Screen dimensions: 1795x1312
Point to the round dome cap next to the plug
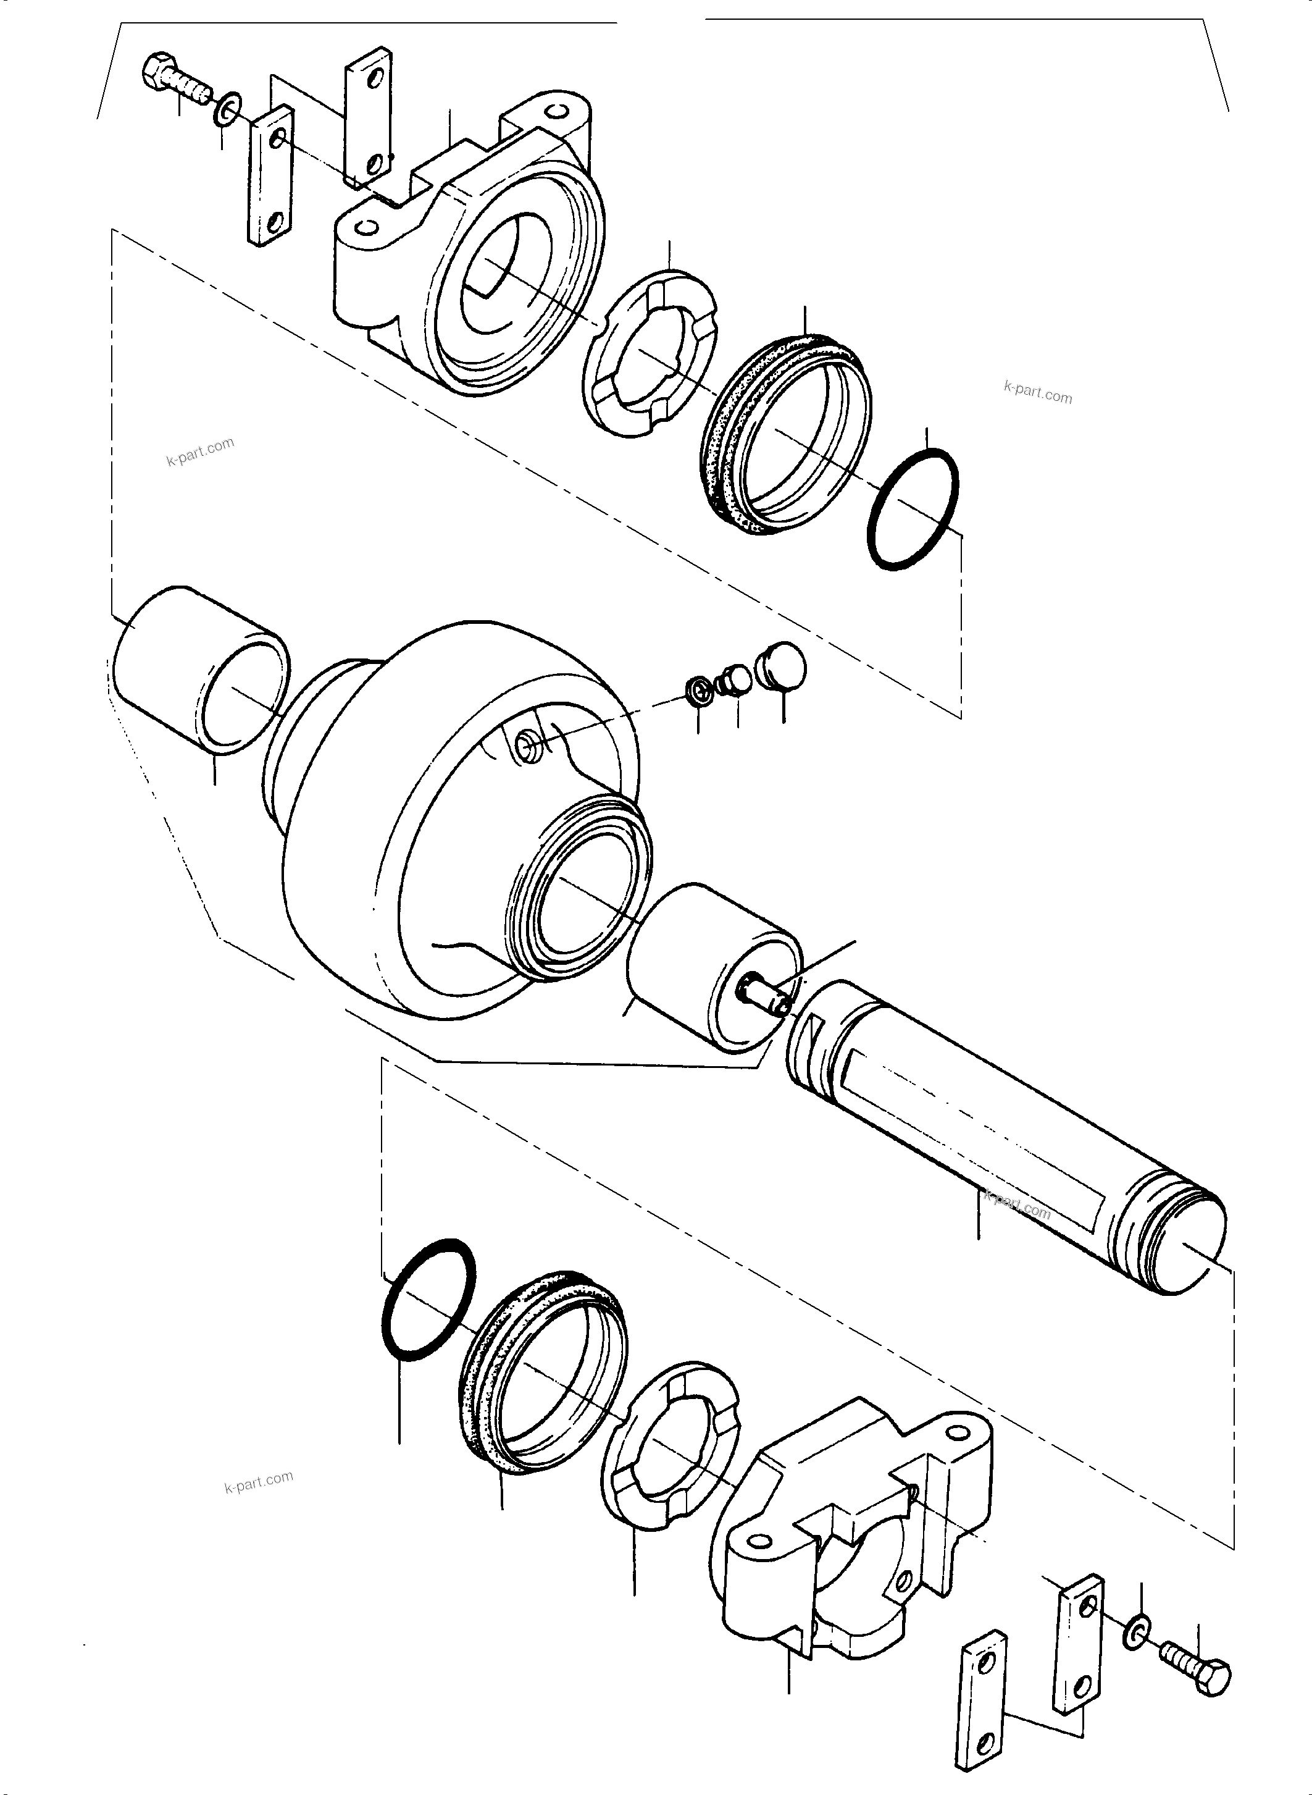point(782,666)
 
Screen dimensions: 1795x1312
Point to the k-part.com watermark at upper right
point(1037,392)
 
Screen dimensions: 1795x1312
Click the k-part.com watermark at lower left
point(259,1481)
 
